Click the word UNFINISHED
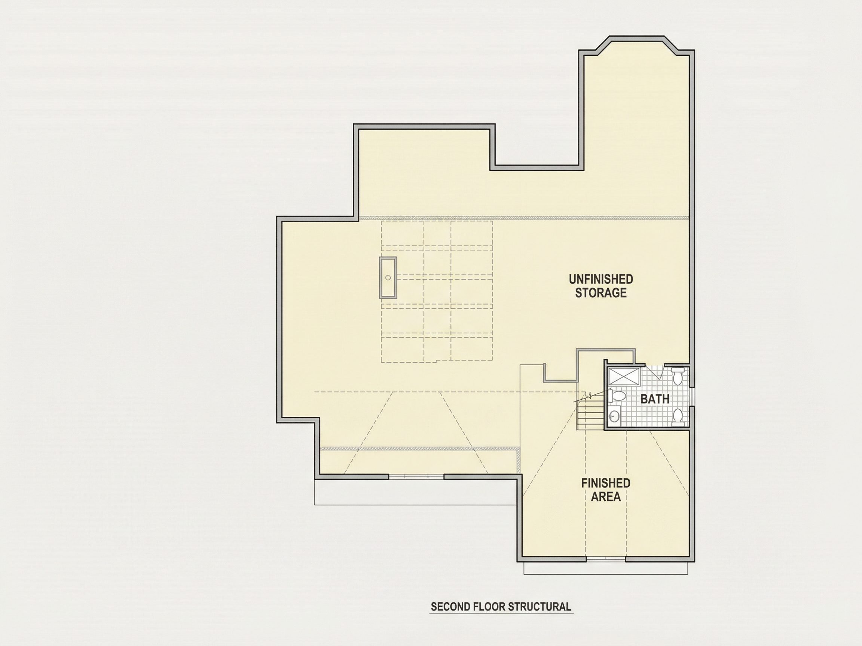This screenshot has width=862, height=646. [x=601, y=279]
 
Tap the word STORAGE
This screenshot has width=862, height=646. [x=601, y=293]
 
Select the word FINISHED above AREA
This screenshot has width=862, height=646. [x=606, y=483]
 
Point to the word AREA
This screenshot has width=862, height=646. [x=606, y=497]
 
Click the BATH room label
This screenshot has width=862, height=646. [x=655, y=399]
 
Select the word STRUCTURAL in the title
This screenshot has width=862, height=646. [x=540, y=607]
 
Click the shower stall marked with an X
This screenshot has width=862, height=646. [x=624, y=376]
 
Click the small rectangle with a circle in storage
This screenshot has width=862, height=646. [x=388, y=278]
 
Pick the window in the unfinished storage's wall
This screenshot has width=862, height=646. [x=416, y=477]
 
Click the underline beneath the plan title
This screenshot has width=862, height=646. [x=501, y=614]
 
